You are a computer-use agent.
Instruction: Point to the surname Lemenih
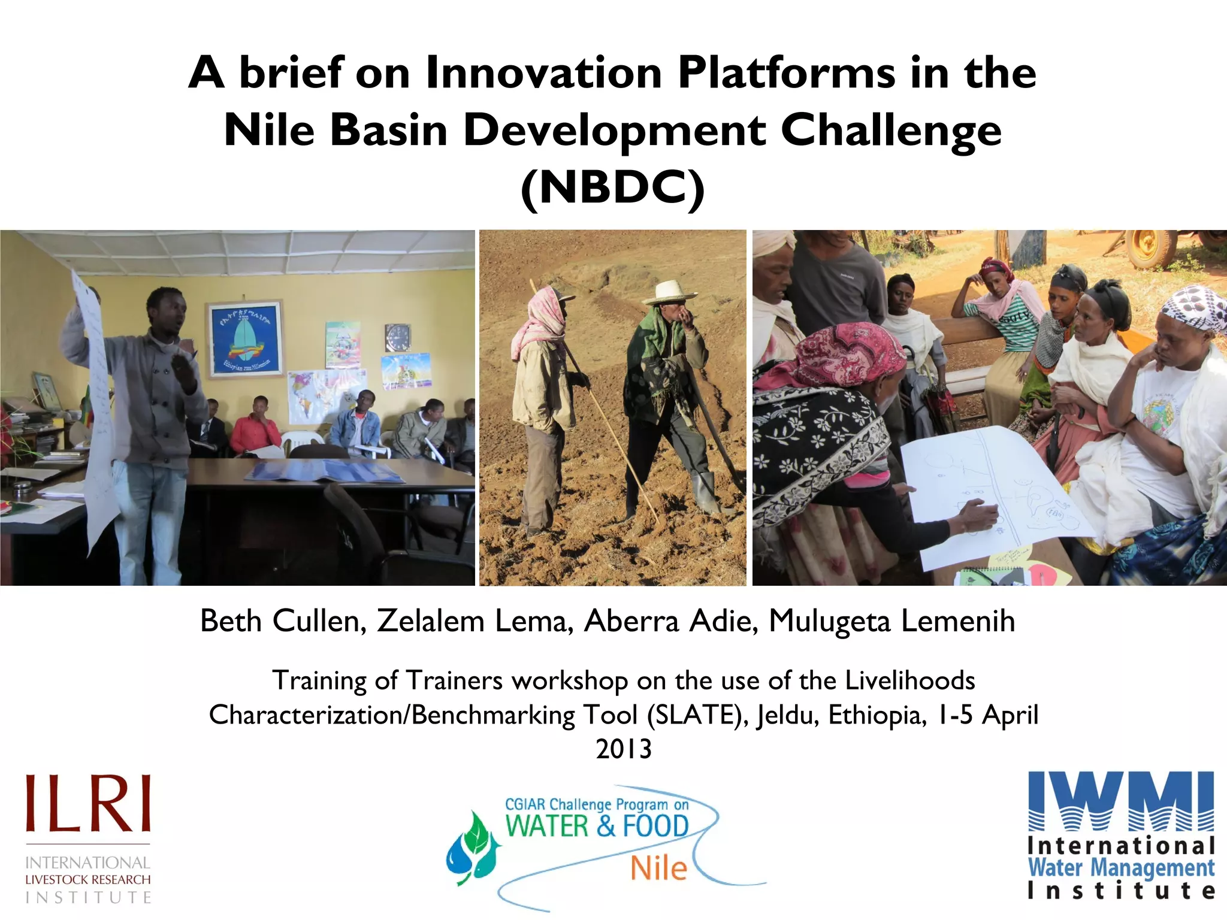click(x=957, y=621)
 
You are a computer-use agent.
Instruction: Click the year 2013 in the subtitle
click(x=623, y=749)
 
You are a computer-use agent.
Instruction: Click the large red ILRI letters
click(x=87, y=804)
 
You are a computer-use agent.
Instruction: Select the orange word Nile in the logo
click(x=658, y=868)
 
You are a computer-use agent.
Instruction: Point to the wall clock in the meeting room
click(x=398, y=338)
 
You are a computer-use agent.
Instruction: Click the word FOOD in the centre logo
click(x=655, y=827)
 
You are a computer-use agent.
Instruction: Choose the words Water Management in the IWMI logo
click(x=1121, y=867)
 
